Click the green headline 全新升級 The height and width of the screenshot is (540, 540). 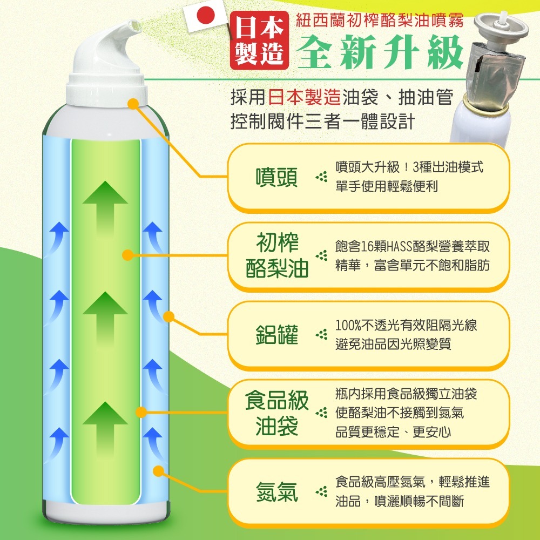click(x=381, y=53)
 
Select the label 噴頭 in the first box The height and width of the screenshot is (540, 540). click(x=276, y=178)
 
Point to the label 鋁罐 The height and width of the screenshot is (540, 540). click(x=276, y=335)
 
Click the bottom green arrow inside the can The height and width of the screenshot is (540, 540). click(x=105, y=427)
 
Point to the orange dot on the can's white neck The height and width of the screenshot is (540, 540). click(x=132, y=104)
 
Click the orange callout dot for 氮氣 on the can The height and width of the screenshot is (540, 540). click(x=158, y=471)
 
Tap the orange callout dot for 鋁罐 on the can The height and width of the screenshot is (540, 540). click(x=168, y=315)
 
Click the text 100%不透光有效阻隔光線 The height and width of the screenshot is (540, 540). click(x=406, y=326)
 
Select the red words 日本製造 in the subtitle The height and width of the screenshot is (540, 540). click(x=305, y=97)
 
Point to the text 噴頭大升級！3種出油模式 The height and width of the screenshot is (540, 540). click(x=409, y=167)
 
